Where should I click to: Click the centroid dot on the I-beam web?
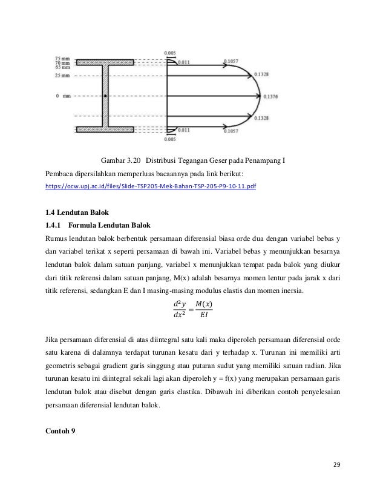(x=106, y=96)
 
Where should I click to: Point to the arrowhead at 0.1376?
(x=261, y=96)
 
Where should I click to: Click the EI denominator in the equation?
(x=207, y=315)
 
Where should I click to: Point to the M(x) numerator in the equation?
(x=207, y=303)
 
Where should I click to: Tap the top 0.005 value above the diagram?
(x=171, y=53)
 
